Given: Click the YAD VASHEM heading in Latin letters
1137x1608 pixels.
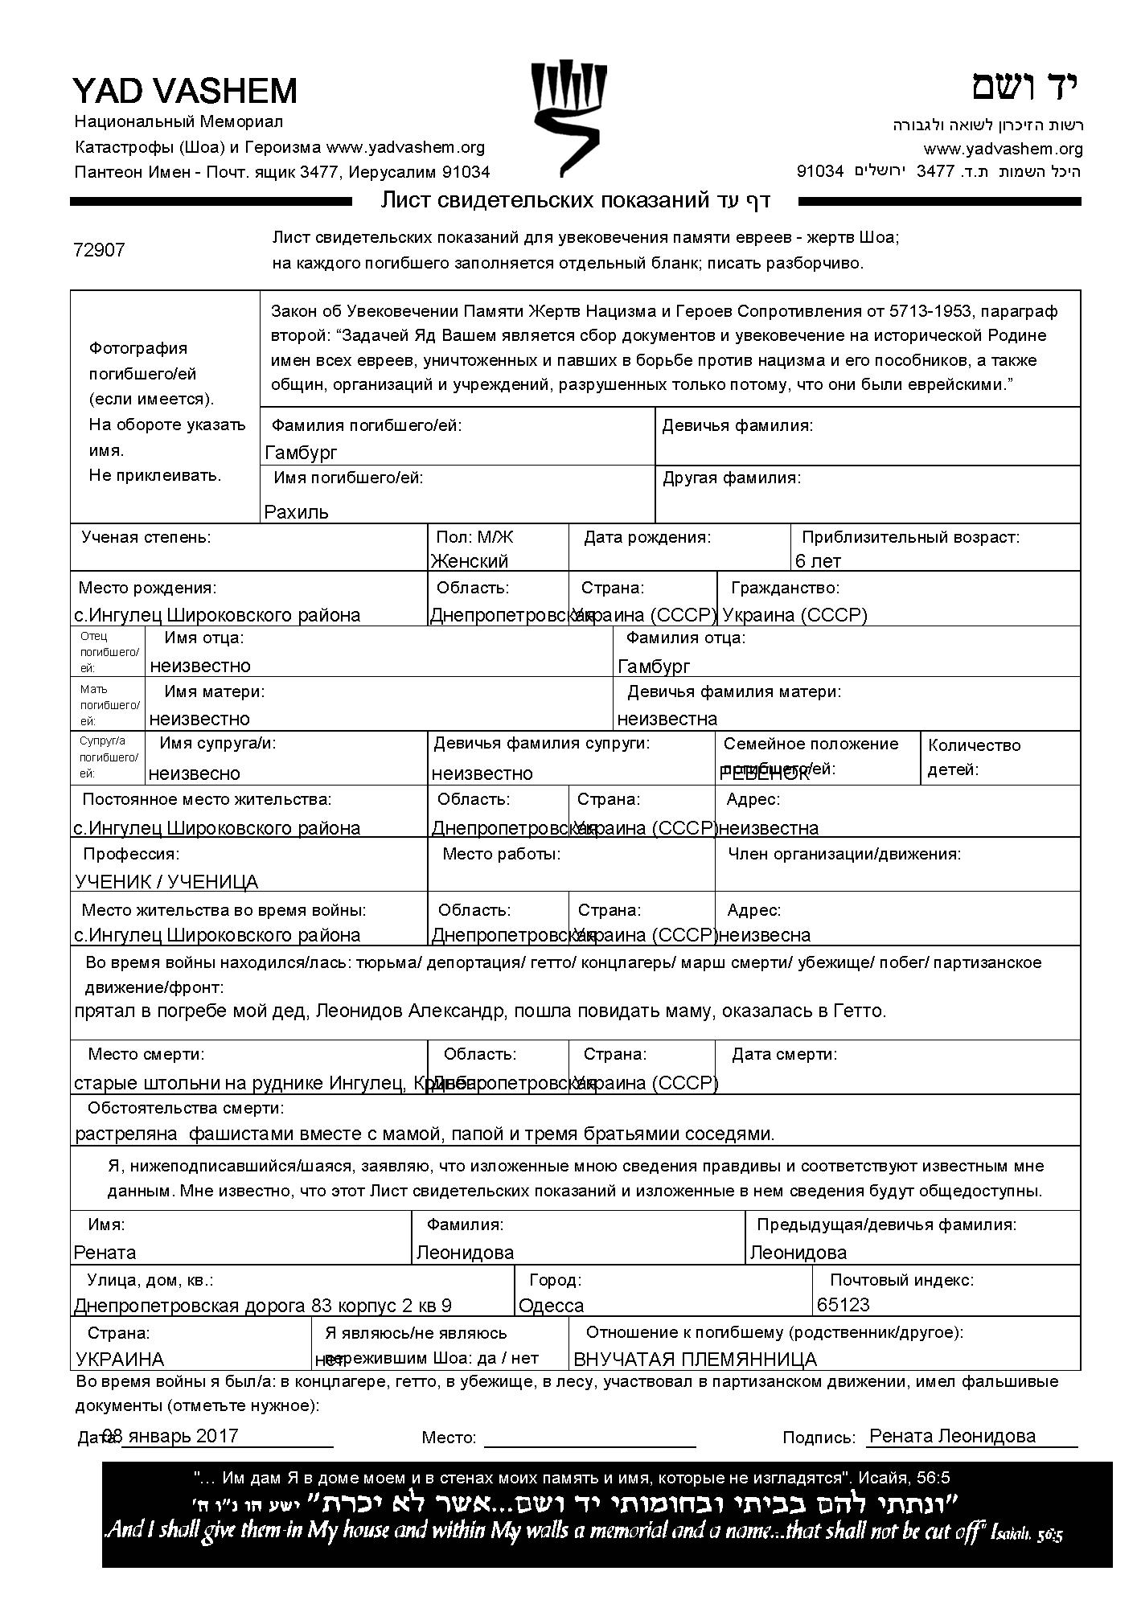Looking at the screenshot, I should coord(185,91).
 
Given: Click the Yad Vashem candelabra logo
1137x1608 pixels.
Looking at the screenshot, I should coord(568,118).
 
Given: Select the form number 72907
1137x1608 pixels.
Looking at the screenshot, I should coord(99,250).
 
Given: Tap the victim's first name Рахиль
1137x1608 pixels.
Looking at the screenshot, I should coord(297,512).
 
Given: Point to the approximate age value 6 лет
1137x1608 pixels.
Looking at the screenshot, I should coord(818,561).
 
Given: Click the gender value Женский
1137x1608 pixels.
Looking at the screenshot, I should coord(470,561).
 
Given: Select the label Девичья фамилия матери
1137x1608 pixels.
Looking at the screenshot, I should coord(734,691).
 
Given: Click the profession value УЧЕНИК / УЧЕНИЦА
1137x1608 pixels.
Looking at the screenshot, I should coord(166,882).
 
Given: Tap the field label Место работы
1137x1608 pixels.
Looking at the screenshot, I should coord(502,854).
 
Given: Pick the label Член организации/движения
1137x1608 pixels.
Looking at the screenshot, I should coord(844,854).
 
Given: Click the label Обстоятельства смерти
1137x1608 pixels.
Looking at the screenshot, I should coord(186,1109).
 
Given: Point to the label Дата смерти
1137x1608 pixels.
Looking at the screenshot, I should coord(784,1054).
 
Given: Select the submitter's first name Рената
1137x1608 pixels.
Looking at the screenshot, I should coord(105,1253).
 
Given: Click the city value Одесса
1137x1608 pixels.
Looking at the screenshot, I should coord(552,1306).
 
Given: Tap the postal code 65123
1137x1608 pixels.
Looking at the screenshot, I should coord(844,1305).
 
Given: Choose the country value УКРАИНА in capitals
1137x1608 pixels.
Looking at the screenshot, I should coord(120,1360).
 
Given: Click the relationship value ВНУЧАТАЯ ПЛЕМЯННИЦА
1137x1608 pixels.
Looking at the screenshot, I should coord(695,1360).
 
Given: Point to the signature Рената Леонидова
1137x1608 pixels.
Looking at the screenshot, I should coord(953,1437).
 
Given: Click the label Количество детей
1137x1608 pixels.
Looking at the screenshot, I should coord(974,757).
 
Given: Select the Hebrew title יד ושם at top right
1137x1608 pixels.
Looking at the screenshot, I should coord(1024,87).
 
